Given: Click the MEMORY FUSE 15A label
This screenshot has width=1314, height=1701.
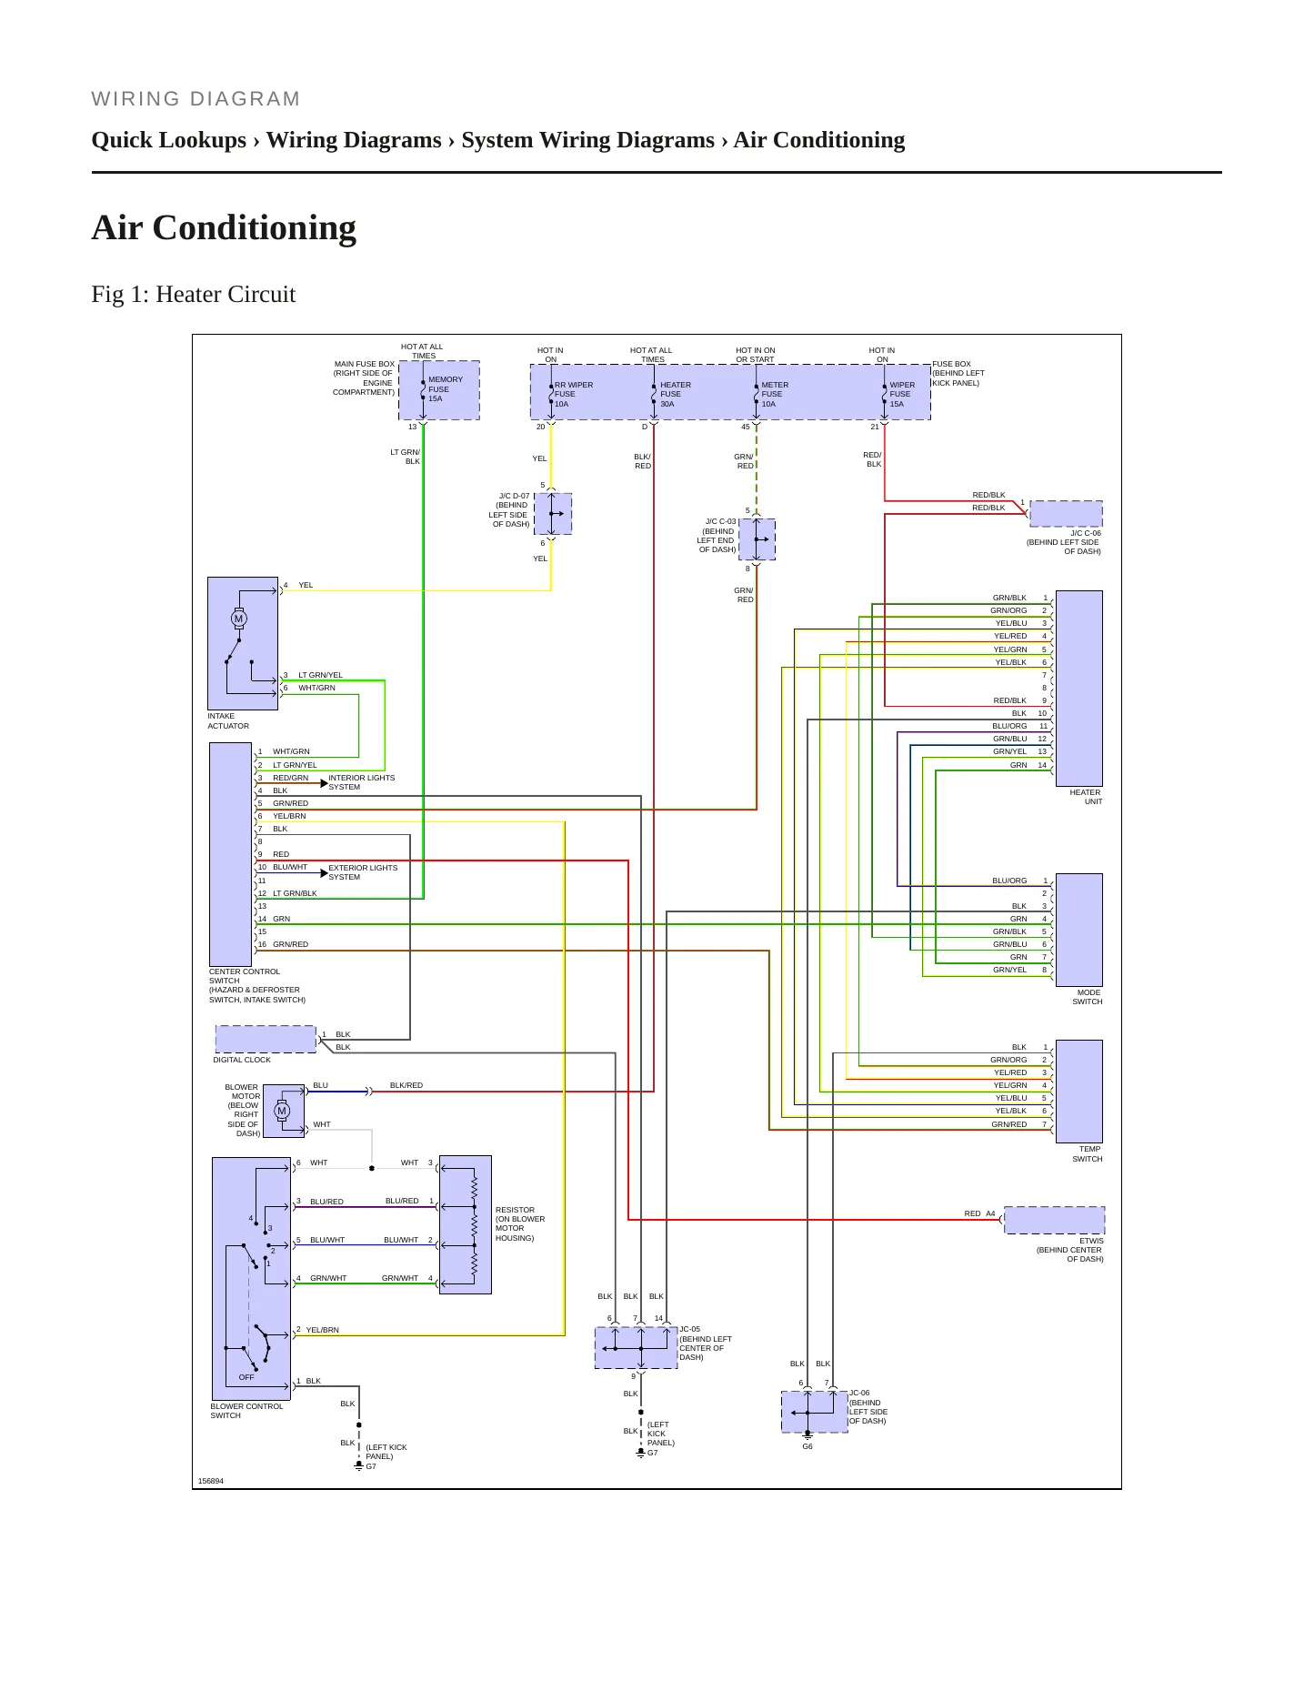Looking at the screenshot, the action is coord(446,389).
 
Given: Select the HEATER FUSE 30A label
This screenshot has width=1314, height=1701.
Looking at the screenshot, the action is coord(676,395).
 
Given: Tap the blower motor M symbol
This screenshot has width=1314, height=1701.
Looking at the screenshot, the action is coord(282,1111).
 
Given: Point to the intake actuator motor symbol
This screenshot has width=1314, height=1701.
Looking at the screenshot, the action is coord(239,619).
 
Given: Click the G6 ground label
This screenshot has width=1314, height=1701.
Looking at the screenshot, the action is coord(807,1446).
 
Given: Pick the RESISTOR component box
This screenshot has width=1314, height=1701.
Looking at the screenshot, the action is coord(466,1224).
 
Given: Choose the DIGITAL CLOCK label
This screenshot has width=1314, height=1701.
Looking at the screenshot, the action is coord(242,1060).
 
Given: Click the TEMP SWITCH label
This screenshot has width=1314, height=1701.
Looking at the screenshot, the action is coord(1088,1153).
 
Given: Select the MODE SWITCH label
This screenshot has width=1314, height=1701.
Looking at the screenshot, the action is coord(1088,997).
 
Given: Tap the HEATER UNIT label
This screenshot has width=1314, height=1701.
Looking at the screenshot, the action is coord(1086,797).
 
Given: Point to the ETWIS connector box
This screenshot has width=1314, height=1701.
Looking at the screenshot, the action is coord(1055,1220).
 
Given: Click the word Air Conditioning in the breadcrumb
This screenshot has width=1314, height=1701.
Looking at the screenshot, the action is coord(819,140).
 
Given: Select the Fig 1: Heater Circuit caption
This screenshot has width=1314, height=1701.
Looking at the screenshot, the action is coord(194,294).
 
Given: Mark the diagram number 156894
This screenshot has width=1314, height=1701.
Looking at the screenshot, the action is coord(211,1481).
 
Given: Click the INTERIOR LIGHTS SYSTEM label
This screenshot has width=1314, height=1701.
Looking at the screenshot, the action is coord(362,782).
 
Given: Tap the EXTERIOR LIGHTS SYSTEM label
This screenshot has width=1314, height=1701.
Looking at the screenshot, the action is coord(363,872).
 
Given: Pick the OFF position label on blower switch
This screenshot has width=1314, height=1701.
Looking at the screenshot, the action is coord(246,1377).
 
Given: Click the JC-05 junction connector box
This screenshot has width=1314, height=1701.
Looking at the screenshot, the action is coord(637,1347).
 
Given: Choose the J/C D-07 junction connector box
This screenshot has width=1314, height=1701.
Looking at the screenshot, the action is coord(553,514).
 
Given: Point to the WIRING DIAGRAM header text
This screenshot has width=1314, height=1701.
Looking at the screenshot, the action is coord(196,99).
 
